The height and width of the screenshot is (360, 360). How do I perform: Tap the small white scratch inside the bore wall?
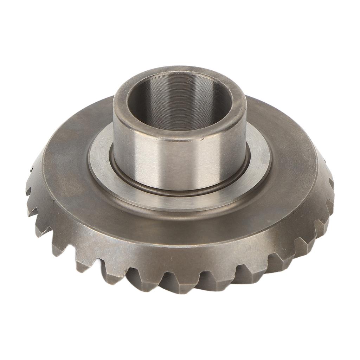tap(190, 80)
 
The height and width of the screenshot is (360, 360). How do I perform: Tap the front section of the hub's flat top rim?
tap(179, 135)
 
